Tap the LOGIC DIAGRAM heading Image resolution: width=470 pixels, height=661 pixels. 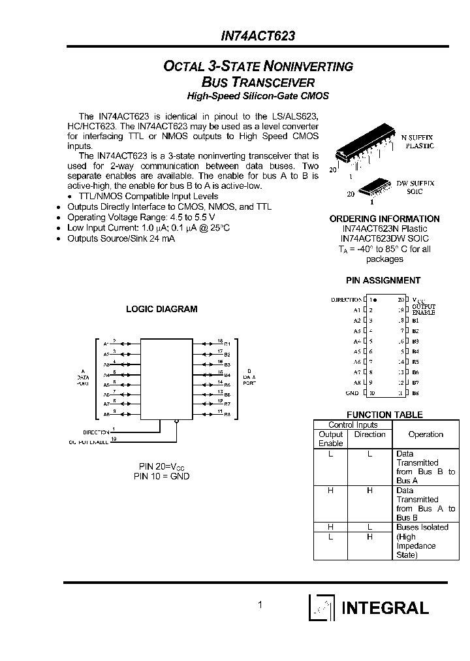point(161,309)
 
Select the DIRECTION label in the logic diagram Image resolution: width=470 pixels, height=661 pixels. point(96,432)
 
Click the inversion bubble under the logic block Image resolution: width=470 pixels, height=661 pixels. point(176,422)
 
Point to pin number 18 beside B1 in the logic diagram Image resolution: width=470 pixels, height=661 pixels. point(220,340)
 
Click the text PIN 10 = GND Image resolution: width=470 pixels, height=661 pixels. point(162,476)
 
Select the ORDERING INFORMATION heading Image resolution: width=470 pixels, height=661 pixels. point(384,219)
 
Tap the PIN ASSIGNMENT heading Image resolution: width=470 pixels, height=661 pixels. point(383,280)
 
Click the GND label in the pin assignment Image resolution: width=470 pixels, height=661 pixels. point(352,393)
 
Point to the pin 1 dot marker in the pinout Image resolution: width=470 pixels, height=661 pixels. point(375,299)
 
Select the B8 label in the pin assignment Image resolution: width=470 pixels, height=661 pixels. point(415,393)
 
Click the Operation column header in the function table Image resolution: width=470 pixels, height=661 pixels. point(425,434)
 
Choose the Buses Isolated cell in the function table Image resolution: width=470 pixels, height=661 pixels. point(422,527)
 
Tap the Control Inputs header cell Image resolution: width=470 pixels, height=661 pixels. point(352,425)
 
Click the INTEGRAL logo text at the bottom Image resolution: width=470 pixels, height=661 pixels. point(385,607)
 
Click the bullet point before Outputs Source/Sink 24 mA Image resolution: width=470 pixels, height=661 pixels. point(59,238)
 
